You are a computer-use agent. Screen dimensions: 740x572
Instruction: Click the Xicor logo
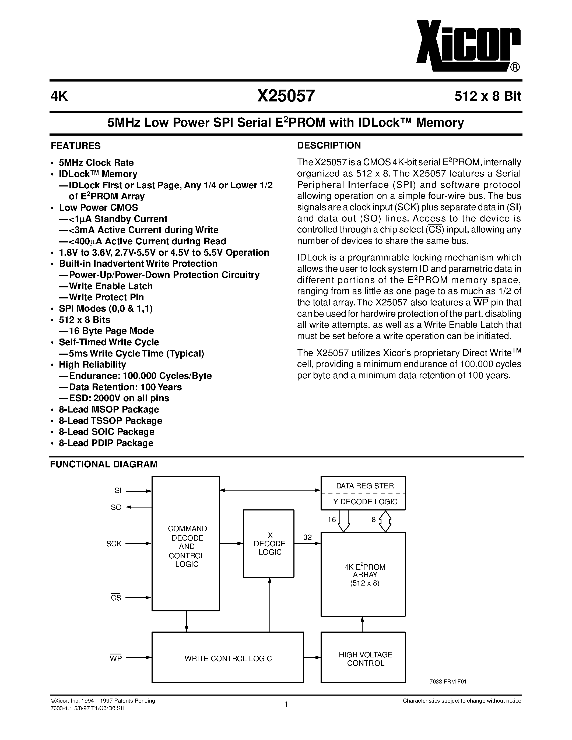click(468, 46)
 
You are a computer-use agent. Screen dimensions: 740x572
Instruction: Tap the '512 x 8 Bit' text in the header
click(488, 97)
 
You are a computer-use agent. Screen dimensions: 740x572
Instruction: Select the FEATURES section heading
click(76, 146)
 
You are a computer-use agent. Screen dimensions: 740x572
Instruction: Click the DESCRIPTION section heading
click(329, 145)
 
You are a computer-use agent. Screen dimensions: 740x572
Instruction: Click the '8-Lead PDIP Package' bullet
click(106, 443)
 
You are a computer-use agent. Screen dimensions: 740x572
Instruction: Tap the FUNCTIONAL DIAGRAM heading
click(104, 464)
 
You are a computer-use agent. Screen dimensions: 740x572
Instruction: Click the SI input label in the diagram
click(118, 491)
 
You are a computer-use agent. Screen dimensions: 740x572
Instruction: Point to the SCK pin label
click(114, 544)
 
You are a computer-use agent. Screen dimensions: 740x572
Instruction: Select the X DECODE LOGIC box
click(269, 544)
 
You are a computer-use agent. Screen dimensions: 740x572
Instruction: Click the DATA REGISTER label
click(365, 486)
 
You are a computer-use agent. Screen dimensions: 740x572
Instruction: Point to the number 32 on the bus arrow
click(307, 537)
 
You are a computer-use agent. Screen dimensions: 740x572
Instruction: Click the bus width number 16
click(332, 520)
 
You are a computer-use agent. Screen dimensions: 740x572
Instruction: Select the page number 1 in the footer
click(286, 704)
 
